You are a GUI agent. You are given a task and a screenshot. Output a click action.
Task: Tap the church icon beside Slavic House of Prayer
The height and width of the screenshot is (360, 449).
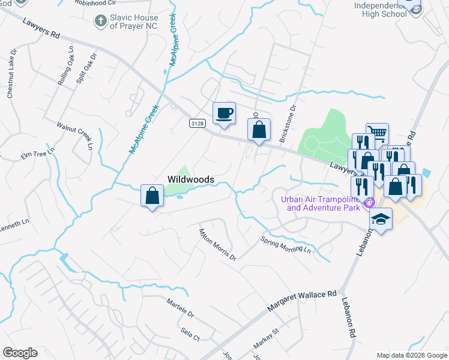(100, 21)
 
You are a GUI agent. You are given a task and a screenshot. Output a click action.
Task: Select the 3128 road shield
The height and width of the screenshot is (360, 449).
(196, 123)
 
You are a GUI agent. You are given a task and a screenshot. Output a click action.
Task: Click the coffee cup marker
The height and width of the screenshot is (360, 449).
(224, 113)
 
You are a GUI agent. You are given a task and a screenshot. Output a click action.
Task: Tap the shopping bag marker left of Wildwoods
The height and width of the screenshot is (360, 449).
(152, 196)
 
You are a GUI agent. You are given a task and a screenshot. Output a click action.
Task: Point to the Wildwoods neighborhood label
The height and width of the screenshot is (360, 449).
(190, 179)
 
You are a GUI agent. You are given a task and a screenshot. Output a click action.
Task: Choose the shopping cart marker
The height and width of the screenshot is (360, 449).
(377, 133)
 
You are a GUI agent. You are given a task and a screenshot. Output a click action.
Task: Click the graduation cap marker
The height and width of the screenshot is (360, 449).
(381, 219)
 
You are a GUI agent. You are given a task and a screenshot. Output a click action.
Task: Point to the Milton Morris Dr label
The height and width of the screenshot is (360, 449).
(217, 243)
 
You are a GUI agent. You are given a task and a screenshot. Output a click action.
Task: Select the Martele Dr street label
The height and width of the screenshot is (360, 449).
(181, 308)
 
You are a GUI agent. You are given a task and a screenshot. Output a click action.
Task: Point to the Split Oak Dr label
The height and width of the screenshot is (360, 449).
(86, 71)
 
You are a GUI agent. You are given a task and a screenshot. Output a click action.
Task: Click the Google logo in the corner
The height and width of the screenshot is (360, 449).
(20, 352)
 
